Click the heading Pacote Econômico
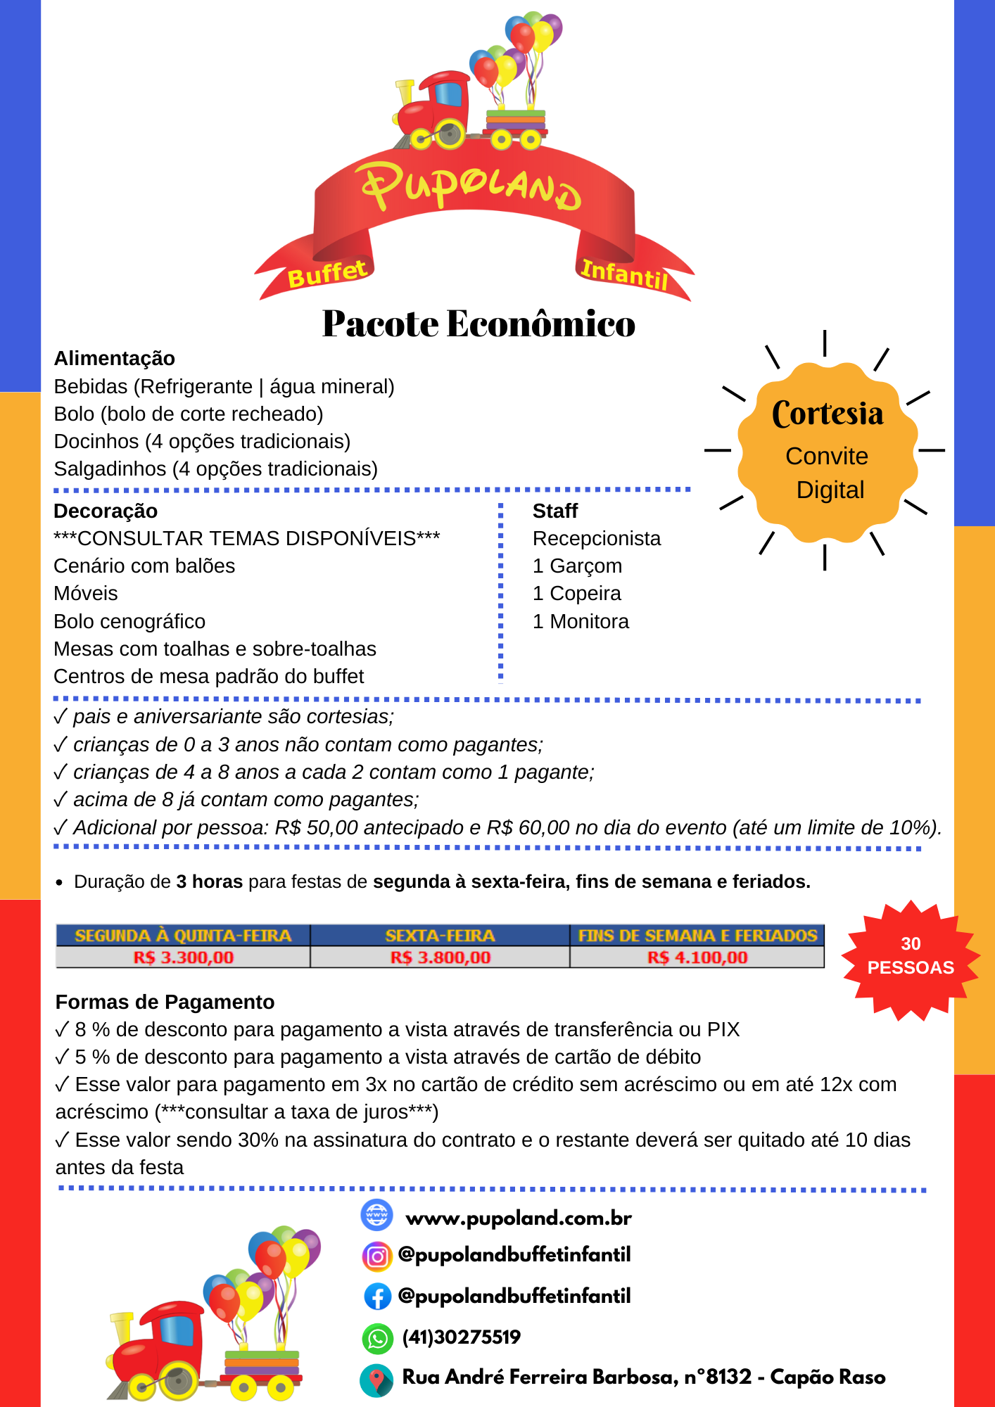tap(479, 324)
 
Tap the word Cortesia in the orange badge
tap(827, 414)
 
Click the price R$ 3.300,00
tap(183, 957)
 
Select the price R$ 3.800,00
tap(441, 957)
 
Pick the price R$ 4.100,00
tap(697, 957)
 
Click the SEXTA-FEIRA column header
tap(441, 936)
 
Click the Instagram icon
tap(377, 1256)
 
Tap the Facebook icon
tap(377, 1297)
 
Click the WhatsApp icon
tap(377, 1338)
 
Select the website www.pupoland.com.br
tap(519, 1218)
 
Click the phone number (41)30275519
tap(461, 1337)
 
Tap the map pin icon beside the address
tap(377, 1380)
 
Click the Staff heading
tap(555, 511)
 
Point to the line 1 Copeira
tap(577, 594)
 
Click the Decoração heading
tap(106, 511)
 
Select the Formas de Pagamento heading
tap(165, 1002)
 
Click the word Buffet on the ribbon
tap(327, 274)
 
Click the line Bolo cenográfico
tap(129, 622)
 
